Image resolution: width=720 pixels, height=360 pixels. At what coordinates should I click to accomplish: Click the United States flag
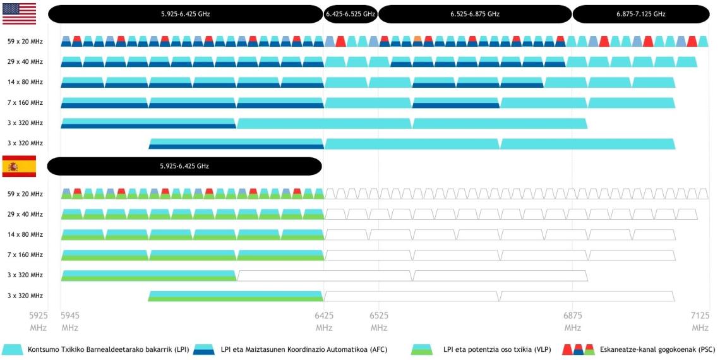point(20,14)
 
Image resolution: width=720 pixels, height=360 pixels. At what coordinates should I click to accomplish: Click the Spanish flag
point(20,166)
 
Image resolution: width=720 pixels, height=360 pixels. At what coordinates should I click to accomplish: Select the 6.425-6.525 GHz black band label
point(351,14)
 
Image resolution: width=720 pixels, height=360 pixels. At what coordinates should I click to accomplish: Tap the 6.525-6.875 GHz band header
point(475,14)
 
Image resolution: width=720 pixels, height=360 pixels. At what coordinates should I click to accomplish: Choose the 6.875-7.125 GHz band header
point(641,14)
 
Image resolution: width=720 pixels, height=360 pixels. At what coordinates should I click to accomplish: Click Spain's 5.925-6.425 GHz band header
point(184,166)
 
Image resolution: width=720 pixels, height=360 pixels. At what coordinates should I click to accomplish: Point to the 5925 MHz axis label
point(39,321)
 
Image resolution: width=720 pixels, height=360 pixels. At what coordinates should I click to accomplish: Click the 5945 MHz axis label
point(70,321)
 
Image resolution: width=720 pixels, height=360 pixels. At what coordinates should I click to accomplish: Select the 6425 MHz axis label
point(324,321)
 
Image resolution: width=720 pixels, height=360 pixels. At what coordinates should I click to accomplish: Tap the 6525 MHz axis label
point(379,321)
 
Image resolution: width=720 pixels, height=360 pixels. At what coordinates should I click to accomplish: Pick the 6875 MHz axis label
point(573,321)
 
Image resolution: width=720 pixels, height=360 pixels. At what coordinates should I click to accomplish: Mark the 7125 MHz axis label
point(700,321)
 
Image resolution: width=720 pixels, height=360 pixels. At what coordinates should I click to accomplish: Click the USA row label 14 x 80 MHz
point(25,82)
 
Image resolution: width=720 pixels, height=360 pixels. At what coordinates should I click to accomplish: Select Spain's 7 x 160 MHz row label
point(25,255)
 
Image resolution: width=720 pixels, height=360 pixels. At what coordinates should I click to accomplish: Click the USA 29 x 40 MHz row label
point(25,62)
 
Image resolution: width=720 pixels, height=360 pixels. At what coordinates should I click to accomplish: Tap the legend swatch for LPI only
point(13,349)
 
